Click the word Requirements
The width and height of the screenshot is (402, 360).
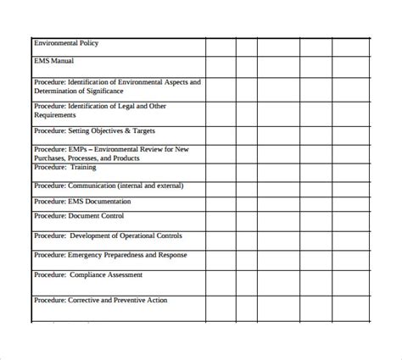56,115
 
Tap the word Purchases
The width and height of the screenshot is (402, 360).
49,158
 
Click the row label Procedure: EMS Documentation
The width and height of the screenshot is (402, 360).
82,202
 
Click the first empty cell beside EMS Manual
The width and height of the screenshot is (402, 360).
221,67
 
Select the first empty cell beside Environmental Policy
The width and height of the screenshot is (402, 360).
221,47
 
